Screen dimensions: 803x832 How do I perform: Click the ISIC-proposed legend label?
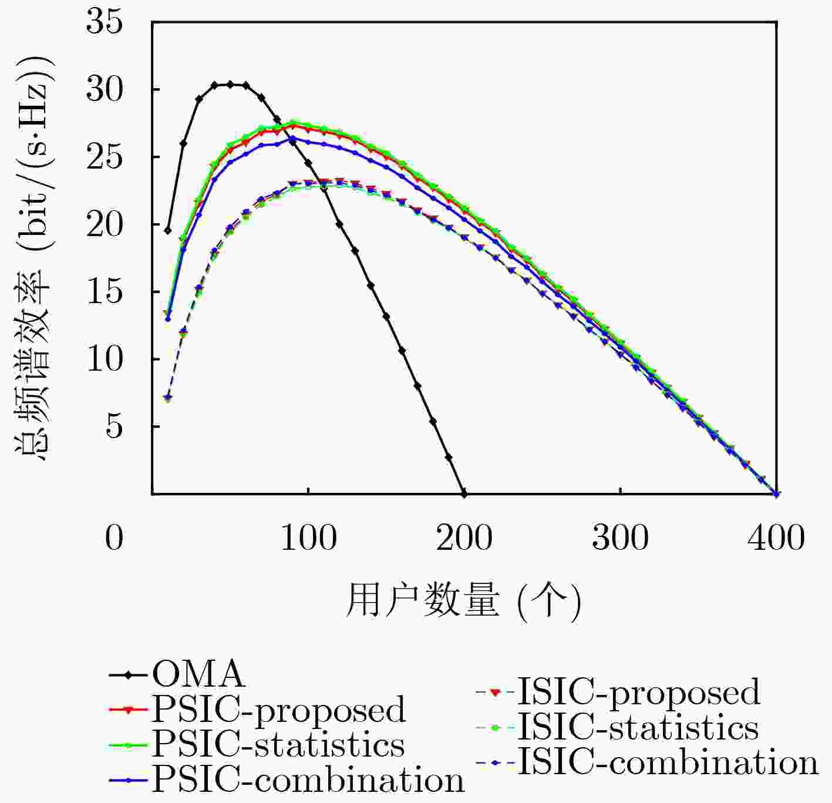638,692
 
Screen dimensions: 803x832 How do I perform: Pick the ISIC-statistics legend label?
638,727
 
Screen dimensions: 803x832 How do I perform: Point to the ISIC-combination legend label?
668,762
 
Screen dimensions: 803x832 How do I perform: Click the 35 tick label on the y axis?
105,23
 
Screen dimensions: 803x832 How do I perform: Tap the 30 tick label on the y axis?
105,90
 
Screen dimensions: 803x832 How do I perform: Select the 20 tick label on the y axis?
105,225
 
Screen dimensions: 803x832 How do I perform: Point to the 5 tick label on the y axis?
114,427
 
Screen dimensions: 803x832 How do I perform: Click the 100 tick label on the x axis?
309,537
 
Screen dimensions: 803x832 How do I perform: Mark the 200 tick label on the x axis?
464,537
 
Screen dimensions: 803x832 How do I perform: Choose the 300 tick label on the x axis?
621,537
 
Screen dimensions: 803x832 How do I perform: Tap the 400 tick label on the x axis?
776,537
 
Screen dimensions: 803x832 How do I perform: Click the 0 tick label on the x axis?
114,537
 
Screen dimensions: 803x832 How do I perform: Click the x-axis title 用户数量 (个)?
463,601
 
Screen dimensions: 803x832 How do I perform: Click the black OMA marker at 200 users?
464,493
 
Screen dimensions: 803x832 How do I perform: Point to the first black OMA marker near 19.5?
168,230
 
